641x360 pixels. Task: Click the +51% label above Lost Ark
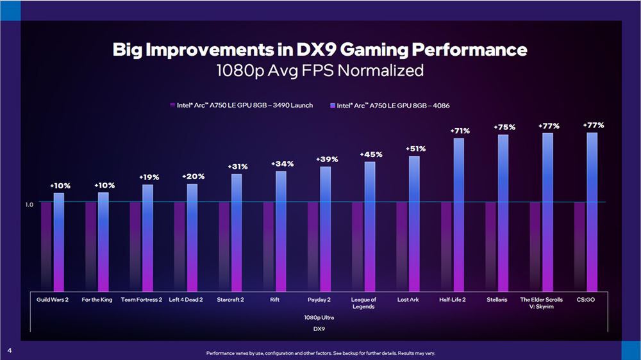click(415, 149)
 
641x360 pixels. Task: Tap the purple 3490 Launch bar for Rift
click(269, 247)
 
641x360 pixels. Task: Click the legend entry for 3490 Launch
click(241, 105)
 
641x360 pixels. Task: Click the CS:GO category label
click(586, 299)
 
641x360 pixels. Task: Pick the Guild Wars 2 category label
click(53, 299)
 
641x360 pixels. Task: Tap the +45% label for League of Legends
click(370, 154)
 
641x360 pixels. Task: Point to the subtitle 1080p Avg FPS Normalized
click(320, 70)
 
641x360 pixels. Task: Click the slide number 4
click(10, 350)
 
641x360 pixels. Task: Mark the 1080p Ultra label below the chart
click(320, 317)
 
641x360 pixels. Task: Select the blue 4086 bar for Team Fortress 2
click(147, 238)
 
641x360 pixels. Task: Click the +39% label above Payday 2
click(326, 159)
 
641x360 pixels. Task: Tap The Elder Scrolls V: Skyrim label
click(542, 302)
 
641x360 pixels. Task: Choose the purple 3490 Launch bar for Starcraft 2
click(224, 247)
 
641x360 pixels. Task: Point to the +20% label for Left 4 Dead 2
click(193, 176)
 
